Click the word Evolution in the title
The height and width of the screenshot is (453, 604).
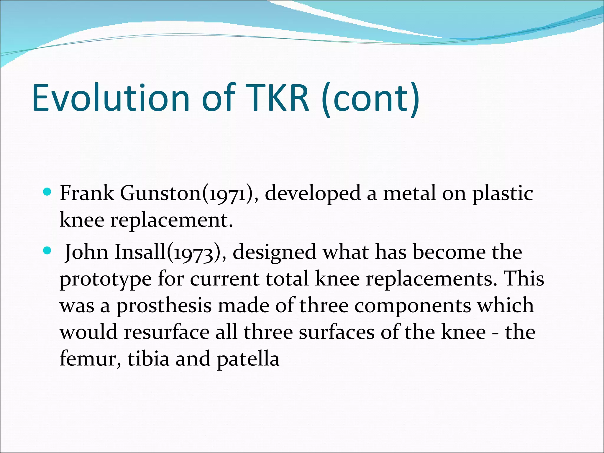point(111,98)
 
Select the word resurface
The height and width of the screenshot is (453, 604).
point(167,332)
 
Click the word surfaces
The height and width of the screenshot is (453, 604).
point(336,332)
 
